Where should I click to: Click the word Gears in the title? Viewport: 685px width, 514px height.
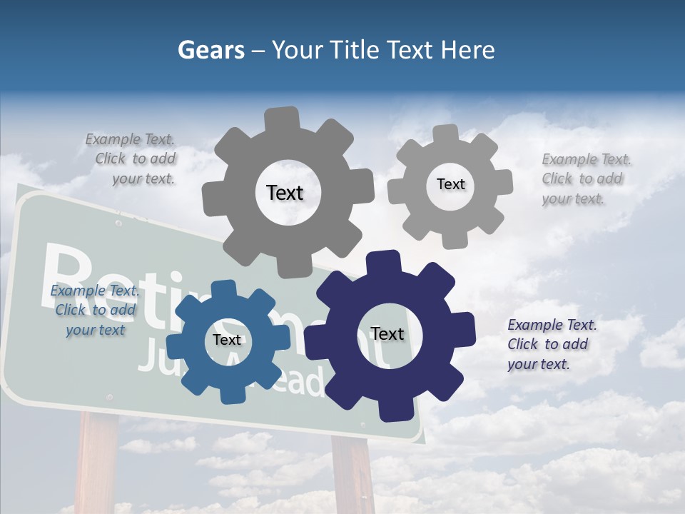[209, 50]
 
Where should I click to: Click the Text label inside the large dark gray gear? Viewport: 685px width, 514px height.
[285, 193]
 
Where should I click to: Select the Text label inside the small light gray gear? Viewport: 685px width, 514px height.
[450, 184]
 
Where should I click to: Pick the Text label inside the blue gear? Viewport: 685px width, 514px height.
[227, 340]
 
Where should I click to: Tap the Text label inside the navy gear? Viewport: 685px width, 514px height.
[387, 333]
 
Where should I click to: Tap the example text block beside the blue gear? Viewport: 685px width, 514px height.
[94, 310]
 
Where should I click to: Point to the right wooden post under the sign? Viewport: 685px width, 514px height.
[353, 475]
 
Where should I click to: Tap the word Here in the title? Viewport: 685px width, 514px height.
[467, 50]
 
